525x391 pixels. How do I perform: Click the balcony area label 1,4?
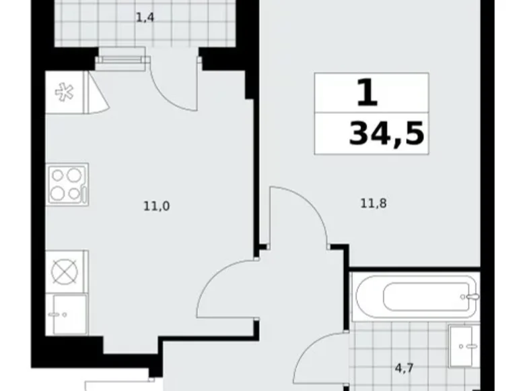coord(145,18)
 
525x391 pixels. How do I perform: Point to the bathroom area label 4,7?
coord(404,369)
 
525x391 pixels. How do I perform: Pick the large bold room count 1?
coord(367,93)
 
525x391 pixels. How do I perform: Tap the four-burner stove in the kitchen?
coord(67,184)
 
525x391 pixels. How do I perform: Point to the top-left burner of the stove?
coord(59,175)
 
